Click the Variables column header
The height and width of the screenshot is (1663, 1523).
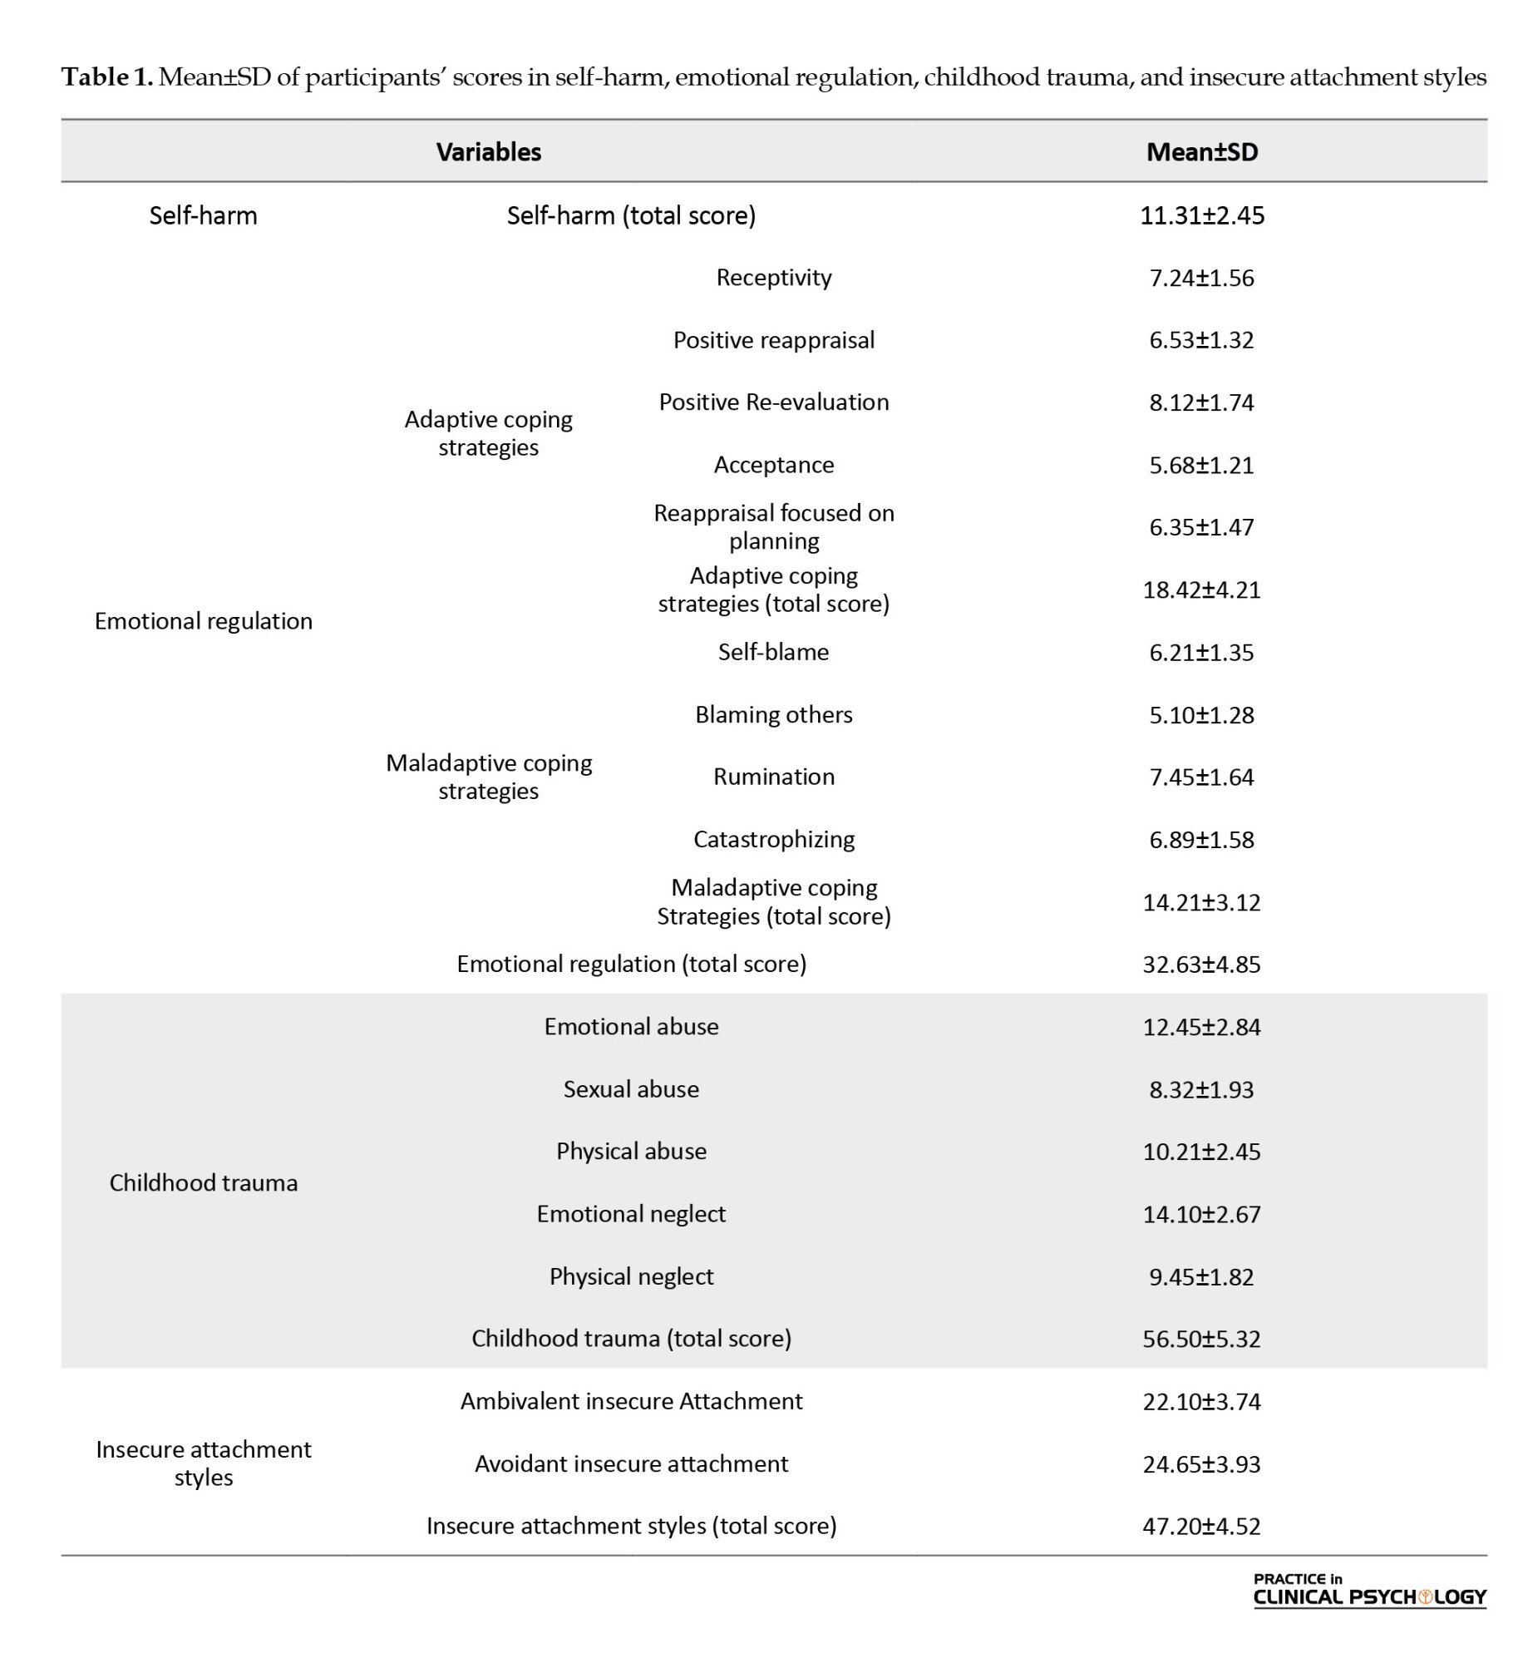click(488, 151)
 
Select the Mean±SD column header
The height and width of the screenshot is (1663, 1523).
click(1201, 151)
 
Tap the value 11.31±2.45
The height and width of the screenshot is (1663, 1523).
click(1201, 215)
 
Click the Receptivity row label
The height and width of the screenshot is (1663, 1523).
click(773, 278)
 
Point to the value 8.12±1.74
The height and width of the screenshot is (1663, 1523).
click(1201, 402)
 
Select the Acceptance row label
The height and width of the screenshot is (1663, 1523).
click(773, 465)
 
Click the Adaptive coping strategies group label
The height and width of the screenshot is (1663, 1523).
click(488, 433)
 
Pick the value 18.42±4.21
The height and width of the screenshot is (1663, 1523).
click(1201, 590)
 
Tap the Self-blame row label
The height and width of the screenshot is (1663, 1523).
click(773, 652)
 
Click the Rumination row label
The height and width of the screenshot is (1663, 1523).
click(773, 777)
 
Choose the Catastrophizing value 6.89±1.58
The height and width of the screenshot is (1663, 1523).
click(1201, 840)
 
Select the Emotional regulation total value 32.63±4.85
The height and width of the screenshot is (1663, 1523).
click(1201, 965)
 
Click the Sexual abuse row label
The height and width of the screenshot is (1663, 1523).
click(631, 1089)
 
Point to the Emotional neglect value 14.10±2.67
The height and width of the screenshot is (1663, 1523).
click(1201, 1214)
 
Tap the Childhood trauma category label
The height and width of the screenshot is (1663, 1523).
click(203, 1182)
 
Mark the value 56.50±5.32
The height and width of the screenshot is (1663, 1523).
click(1201, 1339)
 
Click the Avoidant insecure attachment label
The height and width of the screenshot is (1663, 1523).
click(631, 1463)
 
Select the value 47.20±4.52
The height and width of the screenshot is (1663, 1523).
click(1201, 1526)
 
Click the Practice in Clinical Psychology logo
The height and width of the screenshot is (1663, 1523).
click(1368, 1590)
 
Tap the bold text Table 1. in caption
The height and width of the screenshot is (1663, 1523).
click(107, 77)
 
